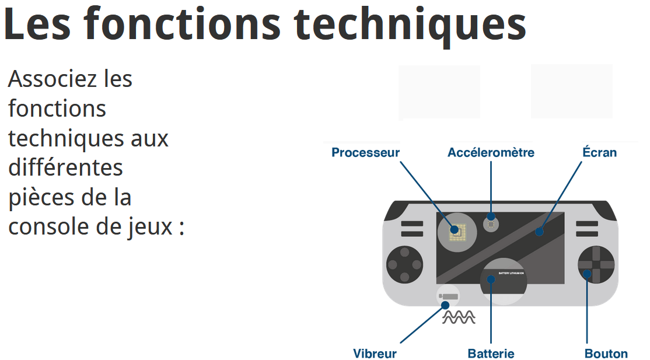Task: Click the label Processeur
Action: click(365, 153)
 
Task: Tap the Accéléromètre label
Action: click(491, 153)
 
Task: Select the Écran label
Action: click(599, 153)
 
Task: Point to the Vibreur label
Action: click(375, 354)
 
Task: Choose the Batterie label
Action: click(491, 354)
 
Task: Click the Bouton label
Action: click(606, 354)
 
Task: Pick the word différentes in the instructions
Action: click(65, 167)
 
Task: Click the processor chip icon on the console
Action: click(456, 231)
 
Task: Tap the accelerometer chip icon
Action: click(491, 223)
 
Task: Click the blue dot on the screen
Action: click(539, 232)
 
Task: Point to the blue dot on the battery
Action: click(491, 279)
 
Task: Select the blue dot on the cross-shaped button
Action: click(588, 273)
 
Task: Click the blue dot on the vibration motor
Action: click(445, 305)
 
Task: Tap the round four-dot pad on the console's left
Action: click(404, 264)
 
